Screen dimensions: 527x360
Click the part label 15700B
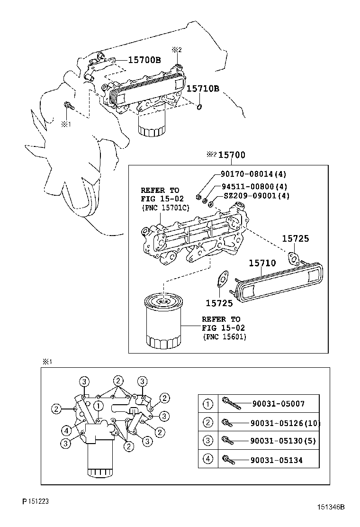(x=145, y=60)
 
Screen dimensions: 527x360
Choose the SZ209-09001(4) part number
(x=256, y=196)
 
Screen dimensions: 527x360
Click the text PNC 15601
(x=225, y=336)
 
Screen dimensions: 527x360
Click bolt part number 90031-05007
(x=278, y=404)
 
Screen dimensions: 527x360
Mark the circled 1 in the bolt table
(x=208, y=404)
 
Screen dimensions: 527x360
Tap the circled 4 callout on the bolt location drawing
(x=67, y=430)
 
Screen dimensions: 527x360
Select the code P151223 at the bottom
(x=35, y=501)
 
